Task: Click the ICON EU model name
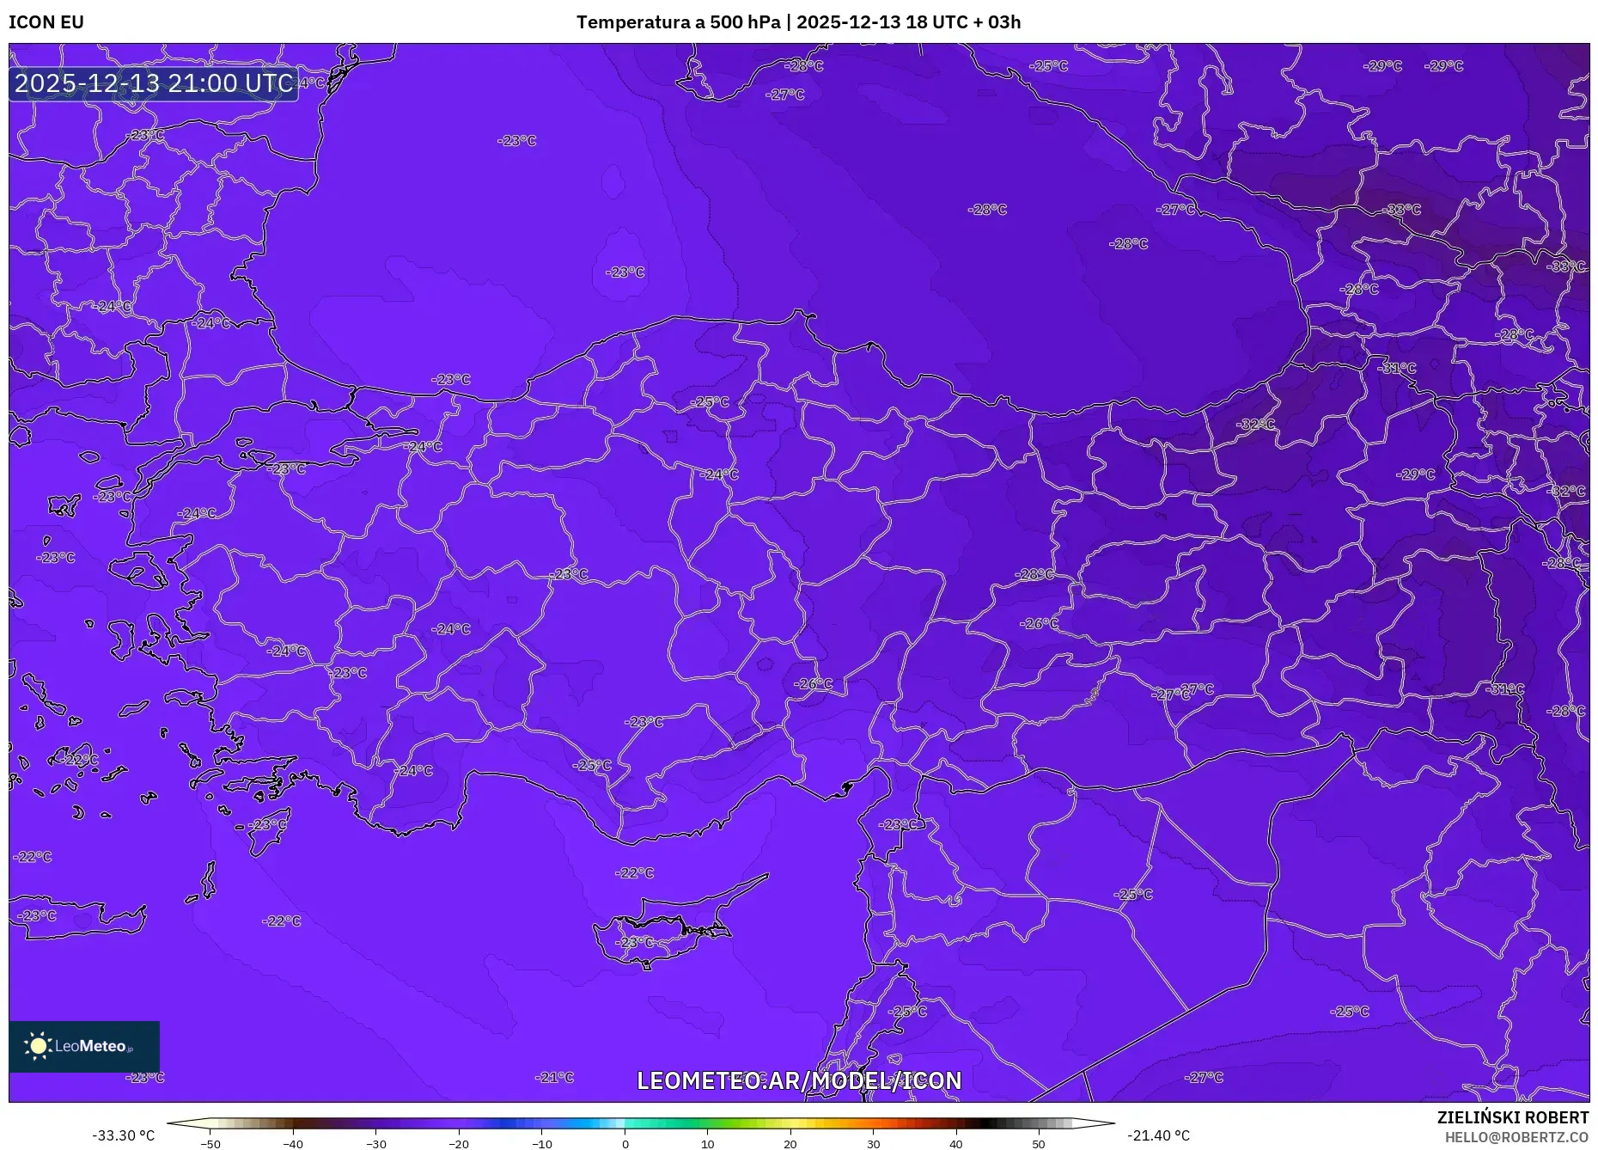click(x=46, y=22)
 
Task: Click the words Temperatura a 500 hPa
click(x=678, y=22)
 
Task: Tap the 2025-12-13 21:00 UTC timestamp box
click(x=154, y=83)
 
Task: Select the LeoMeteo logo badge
click(x=84, y=1046)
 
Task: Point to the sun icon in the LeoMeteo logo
click(x=38, y=1045)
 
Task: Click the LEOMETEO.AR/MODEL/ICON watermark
click(x=799, y=1080)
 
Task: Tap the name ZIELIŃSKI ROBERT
click(x=1512, y=1117)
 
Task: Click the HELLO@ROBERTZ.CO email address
click(x=1516, y=1137)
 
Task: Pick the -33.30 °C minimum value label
click(x=124, y=1135)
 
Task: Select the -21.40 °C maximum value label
click(x=1158, y=1135)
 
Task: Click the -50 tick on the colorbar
click(x=210, y=1144)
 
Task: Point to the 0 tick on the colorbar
click(x=625, y=1144)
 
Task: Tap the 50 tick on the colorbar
click(x=1039, y=1144)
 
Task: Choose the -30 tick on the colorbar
click(x=376, y=1144)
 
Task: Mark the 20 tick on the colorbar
click(x=790, y=1144)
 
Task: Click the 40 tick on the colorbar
click(x=956, y=1144)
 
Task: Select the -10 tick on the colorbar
click(x=542, y=1144)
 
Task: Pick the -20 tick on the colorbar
click(x=459, y=1144)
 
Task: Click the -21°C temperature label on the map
click(x=554, y=1077)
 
